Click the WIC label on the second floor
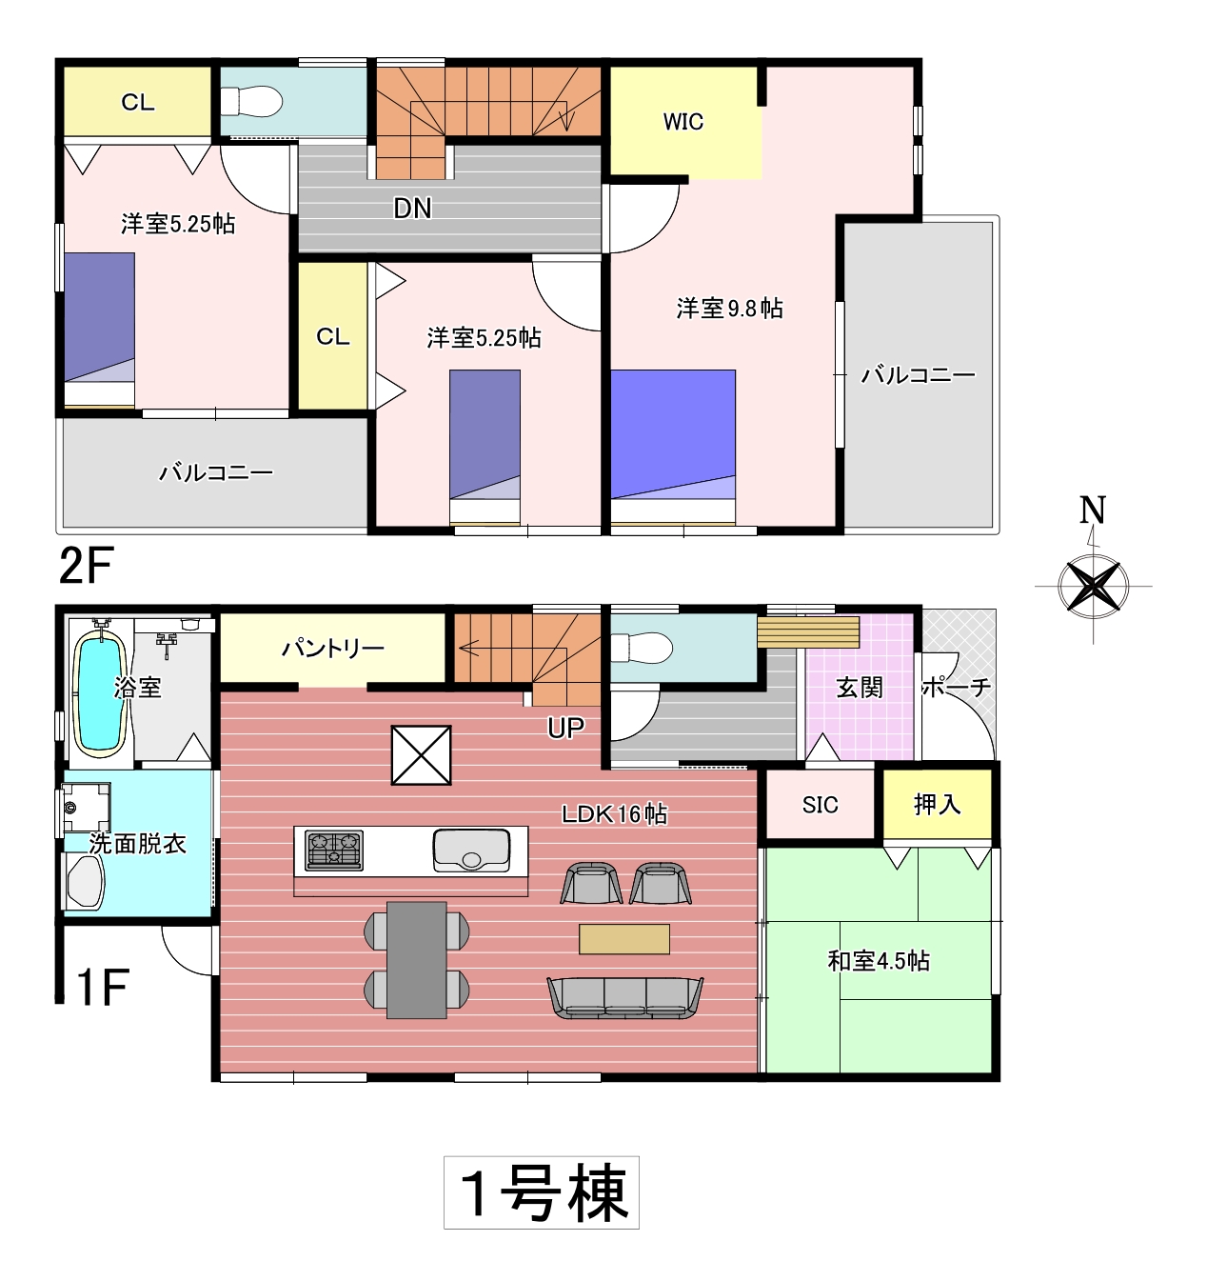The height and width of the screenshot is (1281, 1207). (683, 122)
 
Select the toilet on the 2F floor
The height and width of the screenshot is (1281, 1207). (251, 102)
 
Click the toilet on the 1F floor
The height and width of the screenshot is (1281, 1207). (642, 647)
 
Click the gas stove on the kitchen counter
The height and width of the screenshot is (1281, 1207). (335, 851)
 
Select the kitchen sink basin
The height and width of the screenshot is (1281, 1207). (471, 850)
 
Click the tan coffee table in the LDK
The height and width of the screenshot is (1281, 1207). (624, 939)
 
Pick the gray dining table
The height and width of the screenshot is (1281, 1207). (417, 960)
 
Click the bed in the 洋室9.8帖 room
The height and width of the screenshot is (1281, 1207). (673, 446)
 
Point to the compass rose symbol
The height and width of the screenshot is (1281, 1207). (1093, 587)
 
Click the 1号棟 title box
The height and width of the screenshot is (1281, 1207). (542, 1192)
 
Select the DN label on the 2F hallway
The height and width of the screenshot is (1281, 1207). (413, 209)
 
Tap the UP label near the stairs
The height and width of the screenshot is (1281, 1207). (565, 729)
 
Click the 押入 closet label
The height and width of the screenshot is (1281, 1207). (937, 804)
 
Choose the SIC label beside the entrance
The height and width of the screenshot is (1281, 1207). (821, 805)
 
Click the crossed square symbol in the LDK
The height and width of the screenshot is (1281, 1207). (421, 755)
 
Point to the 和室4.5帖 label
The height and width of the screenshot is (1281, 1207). (879, 962)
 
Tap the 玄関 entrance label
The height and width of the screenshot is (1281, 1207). (860, 689)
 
